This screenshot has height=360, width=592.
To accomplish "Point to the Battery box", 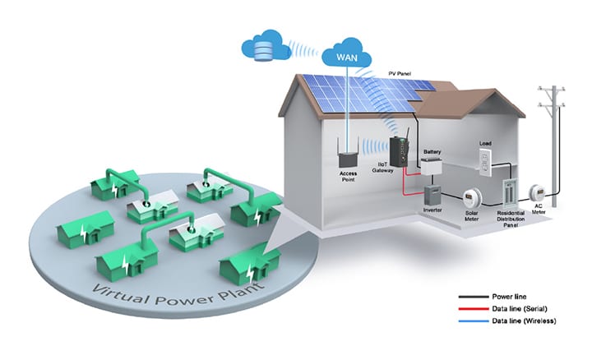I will (432, 167).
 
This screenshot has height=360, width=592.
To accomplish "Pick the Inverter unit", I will (432, 194).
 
